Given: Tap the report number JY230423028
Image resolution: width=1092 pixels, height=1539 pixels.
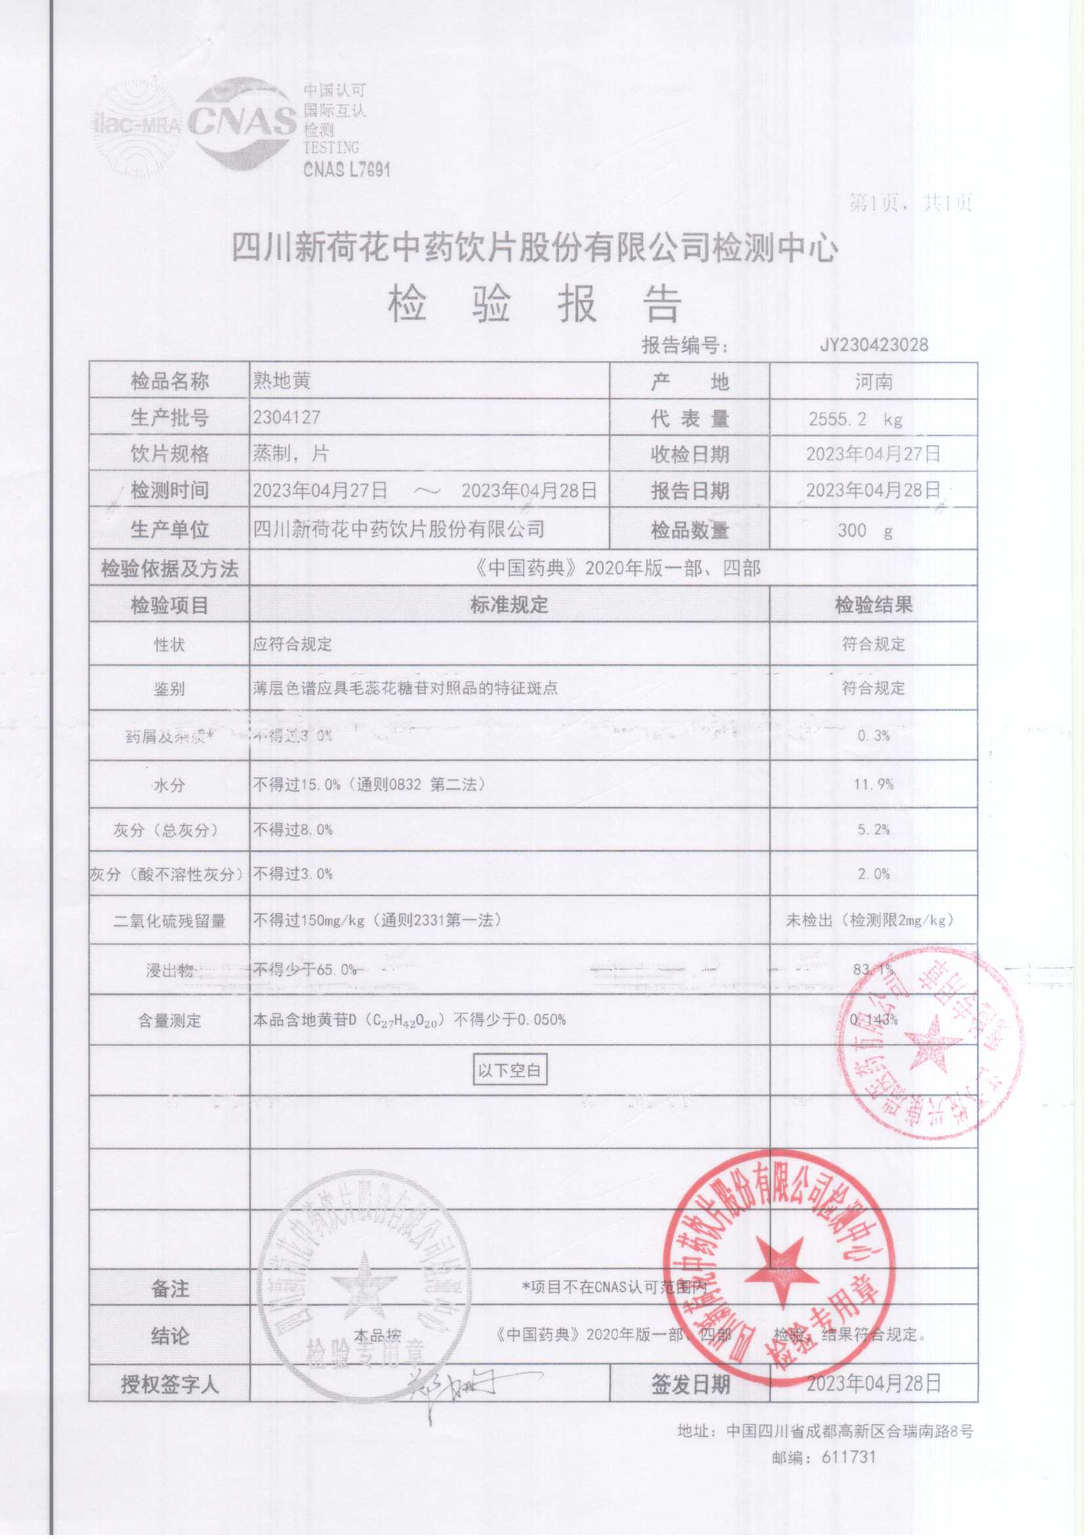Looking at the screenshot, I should (873, 345).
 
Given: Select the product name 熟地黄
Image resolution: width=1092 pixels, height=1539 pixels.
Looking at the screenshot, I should (281, 381).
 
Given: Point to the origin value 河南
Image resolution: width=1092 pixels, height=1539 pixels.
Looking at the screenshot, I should (873, 382).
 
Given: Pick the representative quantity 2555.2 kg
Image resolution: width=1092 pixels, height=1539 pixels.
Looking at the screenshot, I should (855, 419).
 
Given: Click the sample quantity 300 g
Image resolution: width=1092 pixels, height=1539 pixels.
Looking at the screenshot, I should (865, 530).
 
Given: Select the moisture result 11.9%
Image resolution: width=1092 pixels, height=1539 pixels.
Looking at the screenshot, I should (873, 784).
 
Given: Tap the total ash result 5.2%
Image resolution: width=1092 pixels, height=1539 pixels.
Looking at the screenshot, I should (873, 829).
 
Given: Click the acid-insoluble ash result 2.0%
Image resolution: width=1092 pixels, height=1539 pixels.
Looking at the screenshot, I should (873, 874).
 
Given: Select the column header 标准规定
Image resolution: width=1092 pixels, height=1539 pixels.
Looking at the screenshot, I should (509, 605).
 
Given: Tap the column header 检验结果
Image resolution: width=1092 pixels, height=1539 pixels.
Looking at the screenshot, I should (873, 605).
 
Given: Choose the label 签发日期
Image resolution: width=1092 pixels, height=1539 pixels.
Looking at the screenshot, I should (690, 1383).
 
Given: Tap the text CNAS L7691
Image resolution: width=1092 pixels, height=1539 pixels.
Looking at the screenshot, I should (346, 169).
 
